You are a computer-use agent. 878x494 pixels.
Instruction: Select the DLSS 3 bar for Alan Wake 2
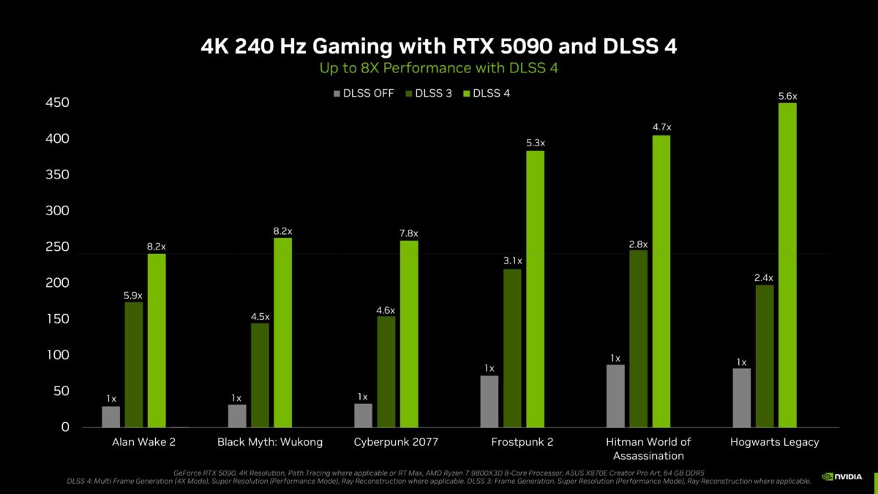pyautogui.click(x=134, y=364)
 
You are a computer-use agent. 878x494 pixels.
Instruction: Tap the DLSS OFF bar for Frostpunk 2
pyautogui.click(x=489, y=401)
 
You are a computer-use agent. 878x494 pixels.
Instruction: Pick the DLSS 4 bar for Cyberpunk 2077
pyautogui.click(x=409, y=334)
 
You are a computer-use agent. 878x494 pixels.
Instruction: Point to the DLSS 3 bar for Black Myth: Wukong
pyautogui.click(x=260, y=375)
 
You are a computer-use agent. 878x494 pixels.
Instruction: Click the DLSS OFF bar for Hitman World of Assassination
pyautogui.click(x=616, y=396)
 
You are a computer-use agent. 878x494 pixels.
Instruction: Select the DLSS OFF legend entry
pyautogui.click(x=364, y=93)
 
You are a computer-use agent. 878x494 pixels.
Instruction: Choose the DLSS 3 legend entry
pyautogui.click(x=434, y=93)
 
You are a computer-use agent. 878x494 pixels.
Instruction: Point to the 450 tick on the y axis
pyautogui.click(x=56, y=103)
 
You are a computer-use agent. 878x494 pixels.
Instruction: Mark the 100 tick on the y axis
pyautogui.click(x=56, y=356)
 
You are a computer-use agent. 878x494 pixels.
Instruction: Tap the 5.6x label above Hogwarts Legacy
pyautogui.click(x=787, y=96)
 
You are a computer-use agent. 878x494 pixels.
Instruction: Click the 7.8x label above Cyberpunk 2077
pyautogui.click(x=409, y=233)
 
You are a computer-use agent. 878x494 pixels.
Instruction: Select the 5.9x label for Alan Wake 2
pyautogui.click(x=134, y=295)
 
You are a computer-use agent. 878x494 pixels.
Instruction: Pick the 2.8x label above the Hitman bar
pyautogui.click(x=639, y=244)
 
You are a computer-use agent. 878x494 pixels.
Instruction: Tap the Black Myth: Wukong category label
pyautogui.click(x=270, y=442)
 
